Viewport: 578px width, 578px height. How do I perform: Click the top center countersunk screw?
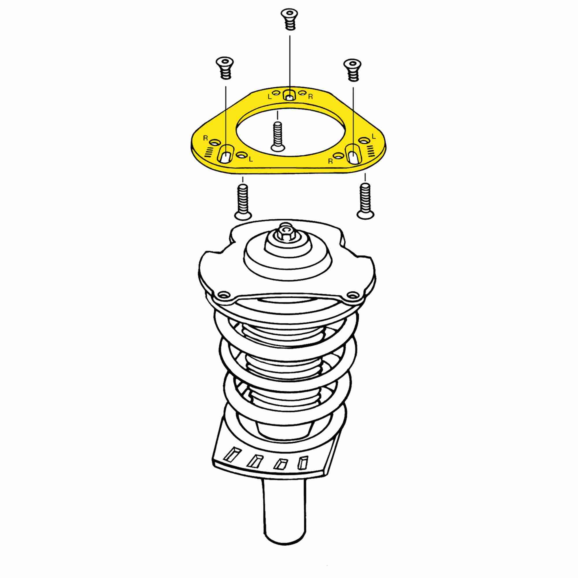[289, 19]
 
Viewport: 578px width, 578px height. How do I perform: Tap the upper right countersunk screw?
[353, 70]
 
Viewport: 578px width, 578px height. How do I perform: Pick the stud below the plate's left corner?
[242, 202]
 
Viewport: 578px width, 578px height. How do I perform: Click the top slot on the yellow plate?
[289, 95]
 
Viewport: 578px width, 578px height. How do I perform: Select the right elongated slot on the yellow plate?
[353, 154]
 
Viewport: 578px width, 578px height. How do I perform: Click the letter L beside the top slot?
[270, 97]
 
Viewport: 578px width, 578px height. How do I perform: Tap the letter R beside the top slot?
[310, 96]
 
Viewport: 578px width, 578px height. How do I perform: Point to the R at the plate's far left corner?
[205, 138]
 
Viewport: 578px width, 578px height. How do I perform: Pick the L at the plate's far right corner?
[373, 136]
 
